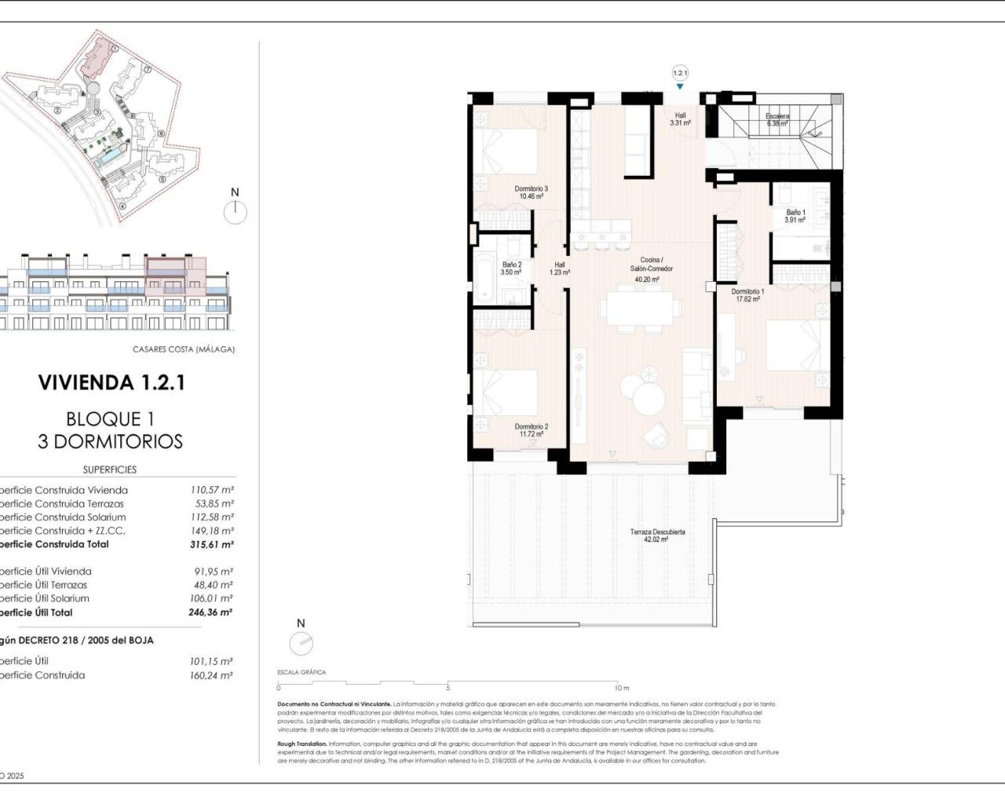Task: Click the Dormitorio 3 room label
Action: coord(531,192)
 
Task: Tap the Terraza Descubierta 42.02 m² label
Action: coord(657,535)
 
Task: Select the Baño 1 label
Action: coord(795,216)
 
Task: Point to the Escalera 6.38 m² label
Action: coord(777,119)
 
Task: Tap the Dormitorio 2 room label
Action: coord(532,430)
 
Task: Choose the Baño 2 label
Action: coord(511,269)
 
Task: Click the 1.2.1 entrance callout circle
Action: coord(680,73)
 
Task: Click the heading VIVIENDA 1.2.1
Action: coord(111,383)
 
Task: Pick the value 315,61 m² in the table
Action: coord(211,544)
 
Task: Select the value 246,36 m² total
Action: coord(210,612)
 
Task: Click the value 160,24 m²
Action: coord(210,675)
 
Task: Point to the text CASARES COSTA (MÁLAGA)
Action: coord(184,349)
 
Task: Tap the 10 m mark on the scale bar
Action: coord(621,688)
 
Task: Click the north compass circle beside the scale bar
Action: coord(301,644)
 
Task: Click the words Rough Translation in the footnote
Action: coord(302,744)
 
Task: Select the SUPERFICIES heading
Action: coord(110,470)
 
